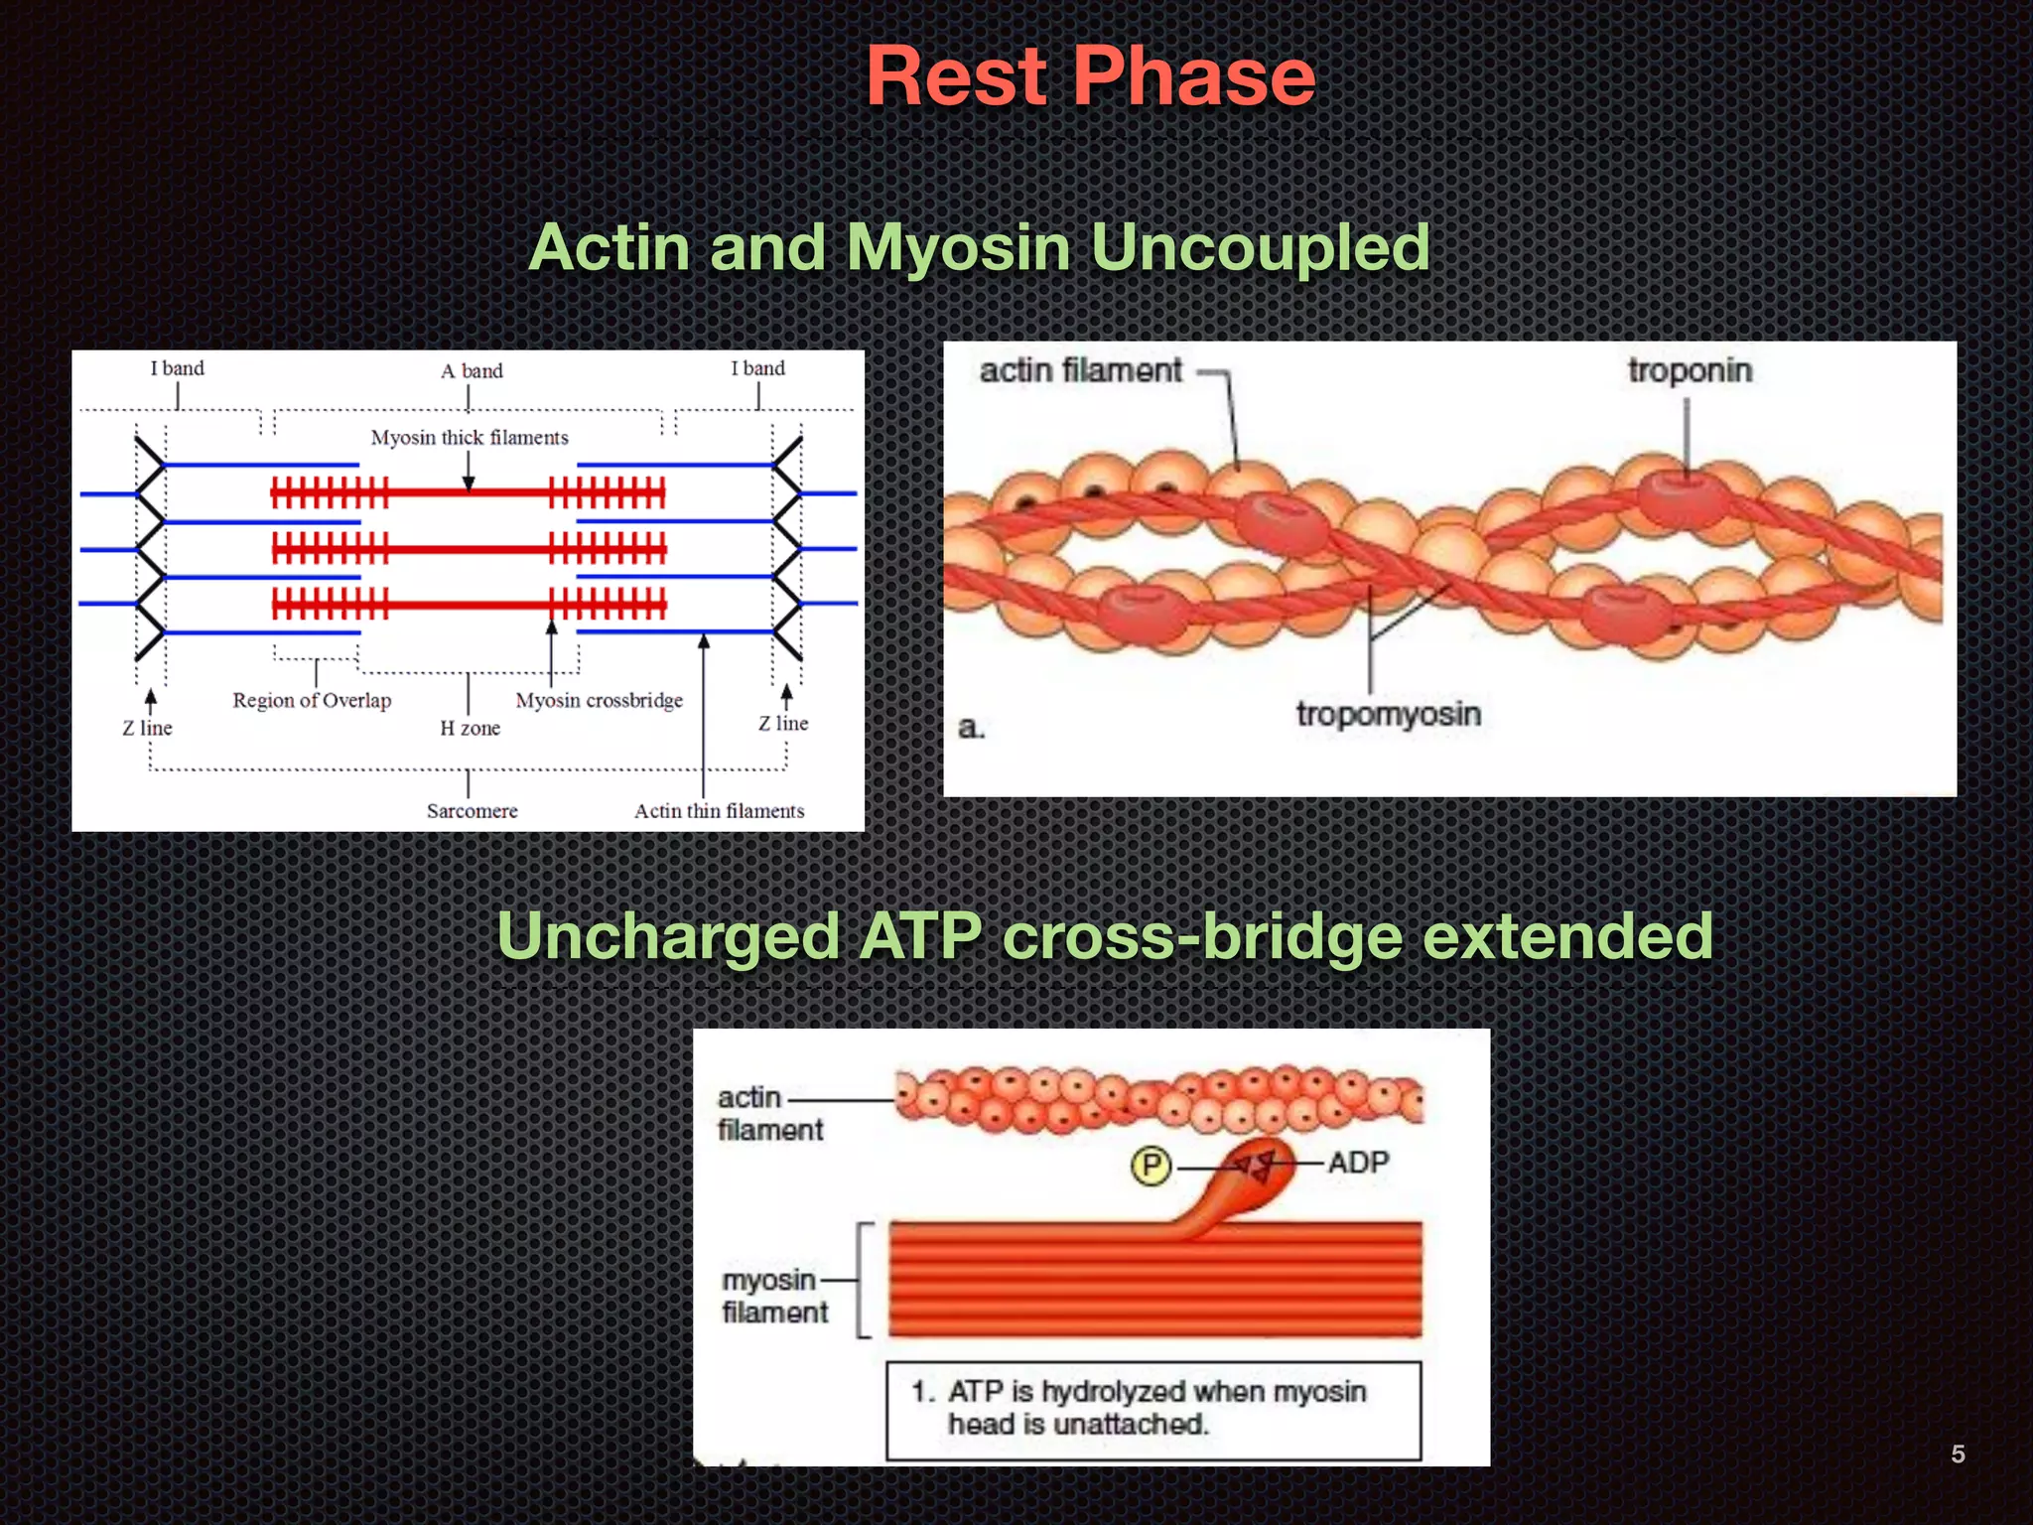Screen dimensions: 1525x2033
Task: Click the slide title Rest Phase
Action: tap(1090, 77)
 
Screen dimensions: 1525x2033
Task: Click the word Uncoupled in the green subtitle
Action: tap(1260, 247)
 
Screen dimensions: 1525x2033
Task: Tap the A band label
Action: tap(472, 371)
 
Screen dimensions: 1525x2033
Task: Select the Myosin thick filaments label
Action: tap(470, 438)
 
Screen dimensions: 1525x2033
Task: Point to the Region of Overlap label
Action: tap(312, 701)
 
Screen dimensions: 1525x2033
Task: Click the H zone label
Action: tap(470, 729)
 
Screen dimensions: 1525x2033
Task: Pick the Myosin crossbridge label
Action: tap(599, 701)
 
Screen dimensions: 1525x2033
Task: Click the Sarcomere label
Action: tap(472, 811)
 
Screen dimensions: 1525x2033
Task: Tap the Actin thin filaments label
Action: tap(719, 811)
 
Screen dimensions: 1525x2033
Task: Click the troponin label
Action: tap(1690, 371)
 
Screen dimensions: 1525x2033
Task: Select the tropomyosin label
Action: tap(1388, 714)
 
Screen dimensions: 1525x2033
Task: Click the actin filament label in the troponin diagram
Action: tap(1080, 371)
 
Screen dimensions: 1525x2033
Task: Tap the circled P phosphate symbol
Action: tap(1151, 1166)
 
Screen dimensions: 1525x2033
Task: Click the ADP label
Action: tap(1358, 1163)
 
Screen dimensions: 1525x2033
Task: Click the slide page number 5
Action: tap(1958, 1455)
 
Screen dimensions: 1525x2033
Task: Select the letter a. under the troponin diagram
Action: tap(971, 729)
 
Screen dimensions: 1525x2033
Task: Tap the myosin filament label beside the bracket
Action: tap(774, 1297)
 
